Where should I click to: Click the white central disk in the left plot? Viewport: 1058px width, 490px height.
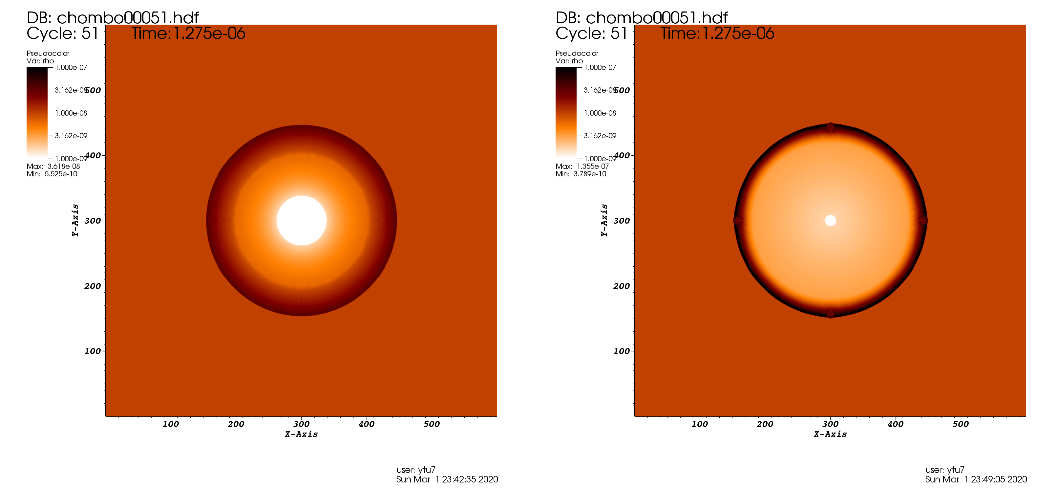click(302, 221)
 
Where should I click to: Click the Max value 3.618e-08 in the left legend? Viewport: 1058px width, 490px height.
click(63, 167)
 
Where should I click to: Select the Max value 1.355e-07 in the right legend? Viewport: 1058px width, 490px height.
click(592, 167)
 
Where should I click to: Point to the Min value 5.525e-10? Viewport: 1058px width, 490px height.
click(60, 174)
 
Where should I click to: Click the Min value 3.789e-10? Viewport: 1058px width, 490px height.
click(589, 174)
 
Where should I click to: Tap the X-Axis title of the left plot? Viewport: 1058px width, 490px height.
click(302, 434)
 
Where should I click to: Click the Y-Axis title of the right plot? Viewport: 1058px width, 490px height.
click(604, 220)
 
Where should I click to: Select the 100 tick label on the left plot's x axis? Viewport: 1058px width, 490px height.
click(170, 424)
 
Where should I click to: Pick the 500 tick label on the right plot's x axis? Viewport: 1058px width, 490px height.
click(960, 424)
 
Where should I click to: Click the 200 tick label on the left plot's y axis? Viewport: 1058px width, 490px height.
click(93, 286)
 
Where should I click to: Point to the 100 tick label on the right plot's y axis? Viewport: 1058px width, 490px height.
click(622, 351)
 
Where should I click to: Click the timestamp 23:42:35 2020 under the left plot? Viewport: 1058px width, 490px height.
click(470, 479)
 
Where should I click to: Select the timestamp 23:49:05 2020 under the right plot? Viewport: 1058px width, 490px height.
click(999, 479)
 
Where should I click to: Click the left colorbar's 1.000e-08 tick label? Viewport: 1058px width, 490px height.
click(71, 113)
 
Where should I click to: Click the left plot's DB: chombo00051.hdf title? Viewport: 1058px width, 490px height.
click(113, 18)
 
